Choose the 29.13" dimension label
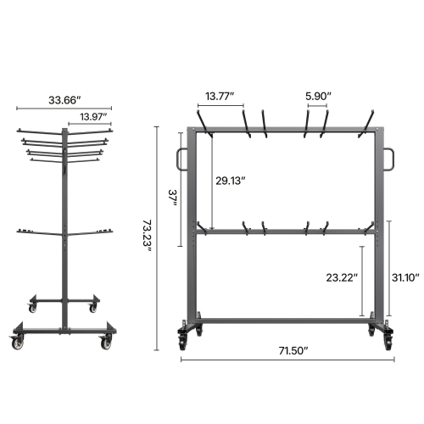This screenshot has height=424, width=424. click(231, 180)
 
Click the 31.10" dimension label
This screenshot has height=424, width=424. click(406, 276)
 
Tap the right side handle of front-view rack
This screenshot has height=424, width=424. click(389, 158)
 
